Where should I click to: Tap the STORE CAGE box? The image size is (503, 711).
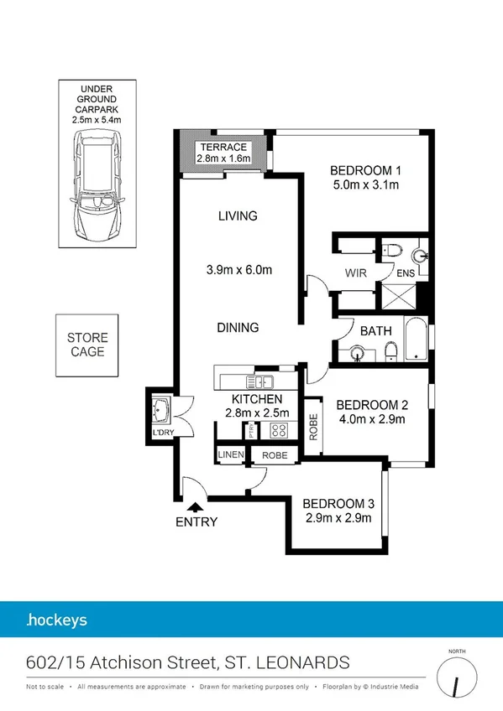(87, 345)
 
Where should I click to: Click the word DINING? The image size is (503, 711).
(238, 327)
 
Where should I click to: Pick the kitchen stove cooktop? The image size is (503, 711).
(278, 431)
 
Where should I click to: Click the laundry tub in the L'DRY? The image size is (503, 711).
(161, 411)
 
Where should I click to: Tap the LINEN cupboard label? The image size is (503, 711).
(230, 455)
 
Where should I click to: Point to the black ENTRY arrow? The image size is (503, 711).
(196, 506)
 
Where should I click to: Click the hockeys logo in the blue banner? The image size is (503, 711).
(56, 621)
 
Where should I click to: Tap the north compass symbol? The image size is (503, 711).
(456, 677)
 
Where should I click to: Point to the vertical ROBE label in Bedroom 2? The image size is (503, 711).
(312, 427)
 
